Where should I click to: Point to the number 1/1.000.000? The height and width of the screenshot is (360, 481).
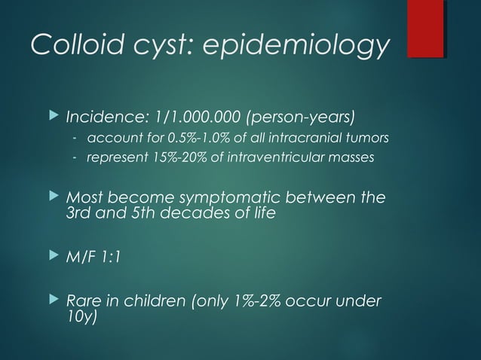click(188, 118)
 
